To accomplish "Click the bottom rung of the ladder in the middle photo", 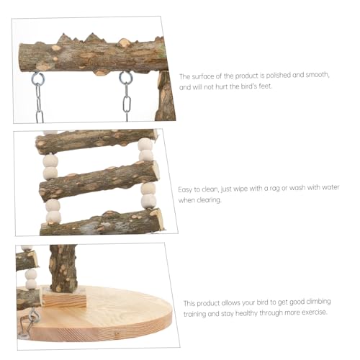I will coord(101,221).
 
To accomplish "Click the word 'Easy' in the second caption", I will coord(186,189).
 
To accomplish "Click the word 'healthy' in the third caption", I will coord(249,314).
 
